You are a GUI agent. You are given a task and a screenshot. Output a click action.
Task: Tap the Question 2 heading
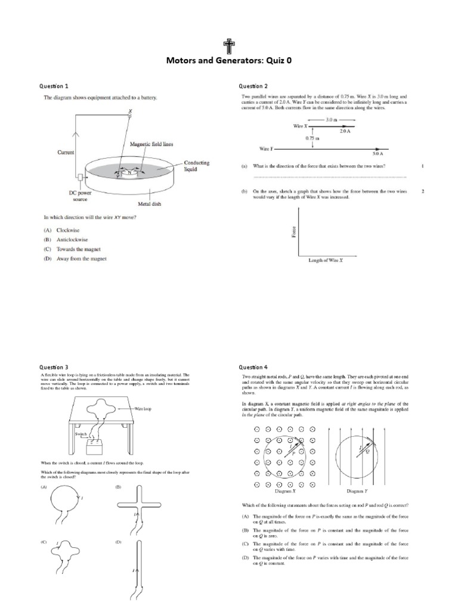tap(253, 86)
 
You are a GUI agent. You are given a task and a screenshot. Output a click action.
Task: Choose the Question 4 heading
tap(253, 367)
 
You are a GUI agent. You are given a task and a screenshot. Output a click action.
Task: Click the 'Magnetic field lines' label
tap(151, 144)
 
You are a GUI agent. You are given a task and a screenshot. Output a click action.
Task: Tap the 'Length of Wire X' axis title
tap(329, 260)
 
